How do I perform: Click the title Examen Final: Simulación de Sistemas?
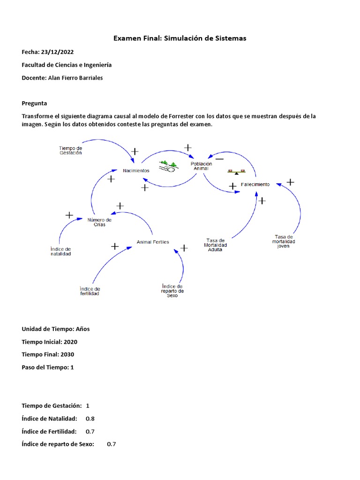click(180, 38)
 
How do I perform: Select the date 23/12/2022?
click(57, 52)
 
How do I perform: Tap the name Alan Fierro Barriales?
click(75, 78)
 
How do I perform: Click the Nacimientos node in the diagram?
click(136, 171)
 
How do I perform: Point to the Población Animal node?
click(201, 166)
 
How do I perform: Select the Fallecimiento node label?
click(255, 184)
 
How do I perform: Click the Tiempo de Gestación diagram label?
click(70, 150)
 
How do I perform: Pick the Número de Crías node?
click(99, 222)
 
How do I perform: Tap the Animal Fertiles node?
click(153, 242)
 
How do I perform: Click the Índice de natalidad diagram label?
click(60, 251)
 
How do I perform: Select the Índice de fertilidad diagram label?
click(90, 291)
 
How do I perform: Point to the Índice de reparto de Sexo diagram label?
click(172, 291)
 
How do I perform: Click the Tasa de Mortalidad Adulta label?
click(216, 245)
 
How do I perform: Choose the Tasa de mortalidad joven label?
click(284, 241)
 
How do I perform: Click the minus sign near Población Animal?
click(219, 158)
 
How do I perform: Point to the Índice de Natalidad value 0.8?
click(90, 418)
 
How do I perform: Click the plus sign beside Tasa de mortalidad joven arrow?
click(290, 182)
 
